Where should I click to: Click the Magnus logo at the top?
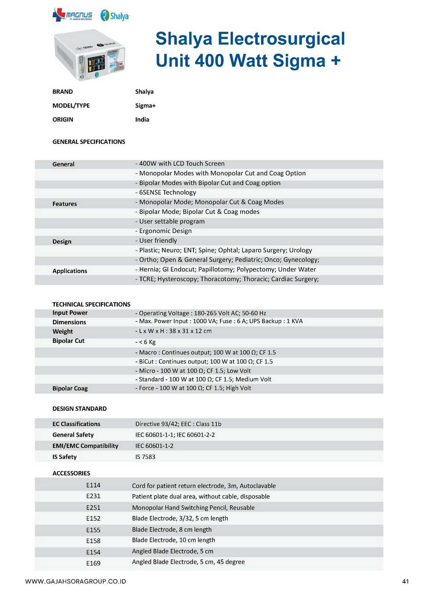(72, 15)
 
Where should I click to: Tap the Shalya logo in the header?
(115, 16)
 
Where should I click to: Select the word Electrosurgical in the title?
(281, 39)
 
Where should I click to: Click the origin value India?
(142, 120)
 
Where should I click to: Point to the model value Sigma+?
(145, 106)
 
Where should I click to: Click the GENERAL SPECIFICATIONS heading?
(89, 142)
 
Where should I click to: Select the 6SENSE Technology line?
(166, 192)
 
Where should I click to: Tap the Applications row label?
(69, 271)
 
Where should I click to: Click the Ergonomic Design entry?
(164, 231)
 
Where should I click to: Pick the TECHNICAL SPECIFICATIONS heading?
(91, 304)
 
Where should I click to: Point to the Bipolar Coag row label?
(70, 388)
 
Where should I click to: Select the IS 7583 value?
(145, 457)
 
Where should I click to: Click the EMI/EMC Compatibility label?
(85, 446)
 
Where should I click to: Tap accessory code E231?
(93, 496)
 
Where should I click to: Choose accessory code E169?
(93, 563)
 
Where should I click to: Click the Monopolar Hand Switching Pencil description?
(193, 507)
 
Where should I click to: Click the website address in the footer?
(76, 582)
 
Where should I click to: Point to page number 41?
(405, 582)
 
